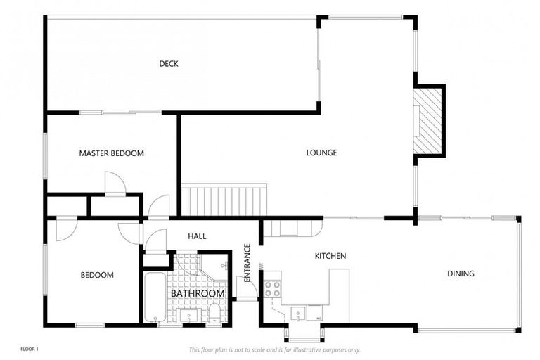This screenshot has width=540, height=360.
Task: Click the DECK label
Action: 168,64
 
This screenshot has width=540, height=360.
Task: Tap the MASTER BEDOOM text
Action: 111,153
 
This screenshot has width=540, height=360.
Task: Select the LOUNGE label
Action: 321,153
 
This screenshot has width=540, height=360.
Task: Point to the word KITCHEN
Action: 330,256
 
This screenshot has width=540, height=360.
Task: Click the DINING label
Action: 461,274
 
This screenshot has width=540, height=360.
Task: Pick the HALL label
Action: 198,236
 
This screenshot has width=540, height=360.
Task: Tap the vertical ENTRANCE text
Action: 247,263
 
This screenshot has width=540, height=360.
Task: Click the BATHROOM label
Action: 198,293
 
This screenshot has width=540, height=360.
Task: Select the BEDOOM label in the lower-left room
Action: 97,275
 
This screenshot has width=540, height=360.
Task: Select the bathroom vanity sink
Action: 188,316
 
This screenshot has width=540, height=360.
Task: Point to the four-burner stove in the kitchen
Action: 272,288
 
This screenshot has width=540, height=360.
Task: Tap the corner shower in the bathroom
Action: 214,266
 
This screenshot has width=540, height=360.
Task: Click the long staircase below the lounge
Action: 224,200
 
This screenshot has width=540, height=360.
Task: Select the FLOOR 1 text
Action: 29,349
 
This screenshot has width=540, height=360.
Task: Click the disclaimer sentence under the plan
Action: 274,349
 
